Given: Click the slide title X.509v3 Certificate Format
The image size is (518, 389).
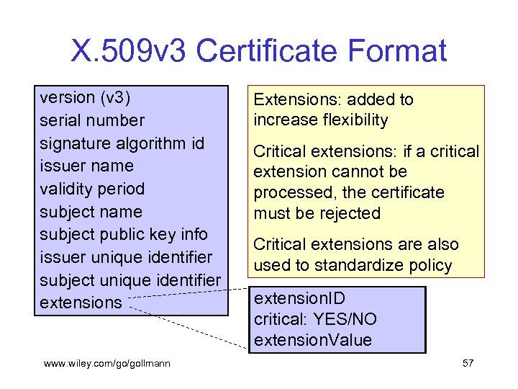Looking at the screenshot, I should point(259,51).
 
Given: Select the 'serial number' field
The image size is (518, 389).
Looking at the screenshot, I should point(92,120).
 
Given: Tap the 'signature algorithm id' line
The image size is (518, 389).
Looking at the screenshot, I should point(122,143).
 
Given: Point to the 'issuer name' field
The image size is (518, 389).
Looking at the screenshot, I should point(87,166).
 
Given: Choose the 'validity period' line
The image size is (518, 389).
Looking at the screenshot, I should point(92,189).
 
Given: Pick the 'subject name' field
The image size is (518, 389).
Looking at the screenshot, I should point(91,212).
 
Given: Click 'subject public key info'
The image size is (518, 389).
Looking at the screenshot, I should point(124,234).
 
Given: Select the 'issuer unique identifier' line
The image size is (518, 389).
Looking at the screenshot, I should point(127,257).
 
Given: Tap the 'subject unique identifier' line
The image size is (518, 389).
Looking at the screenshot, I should point(130,280).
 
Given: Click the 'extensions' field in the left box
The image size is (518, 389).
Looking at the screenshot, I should point(81,303).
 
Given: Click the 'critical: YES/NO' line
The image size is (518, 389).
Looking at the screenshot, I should point(315,318).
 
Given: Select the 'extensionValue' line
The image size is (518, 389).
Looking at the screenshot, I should point(313,340).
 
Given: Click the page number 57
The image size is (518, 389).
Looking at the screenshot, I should point(468,363).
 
